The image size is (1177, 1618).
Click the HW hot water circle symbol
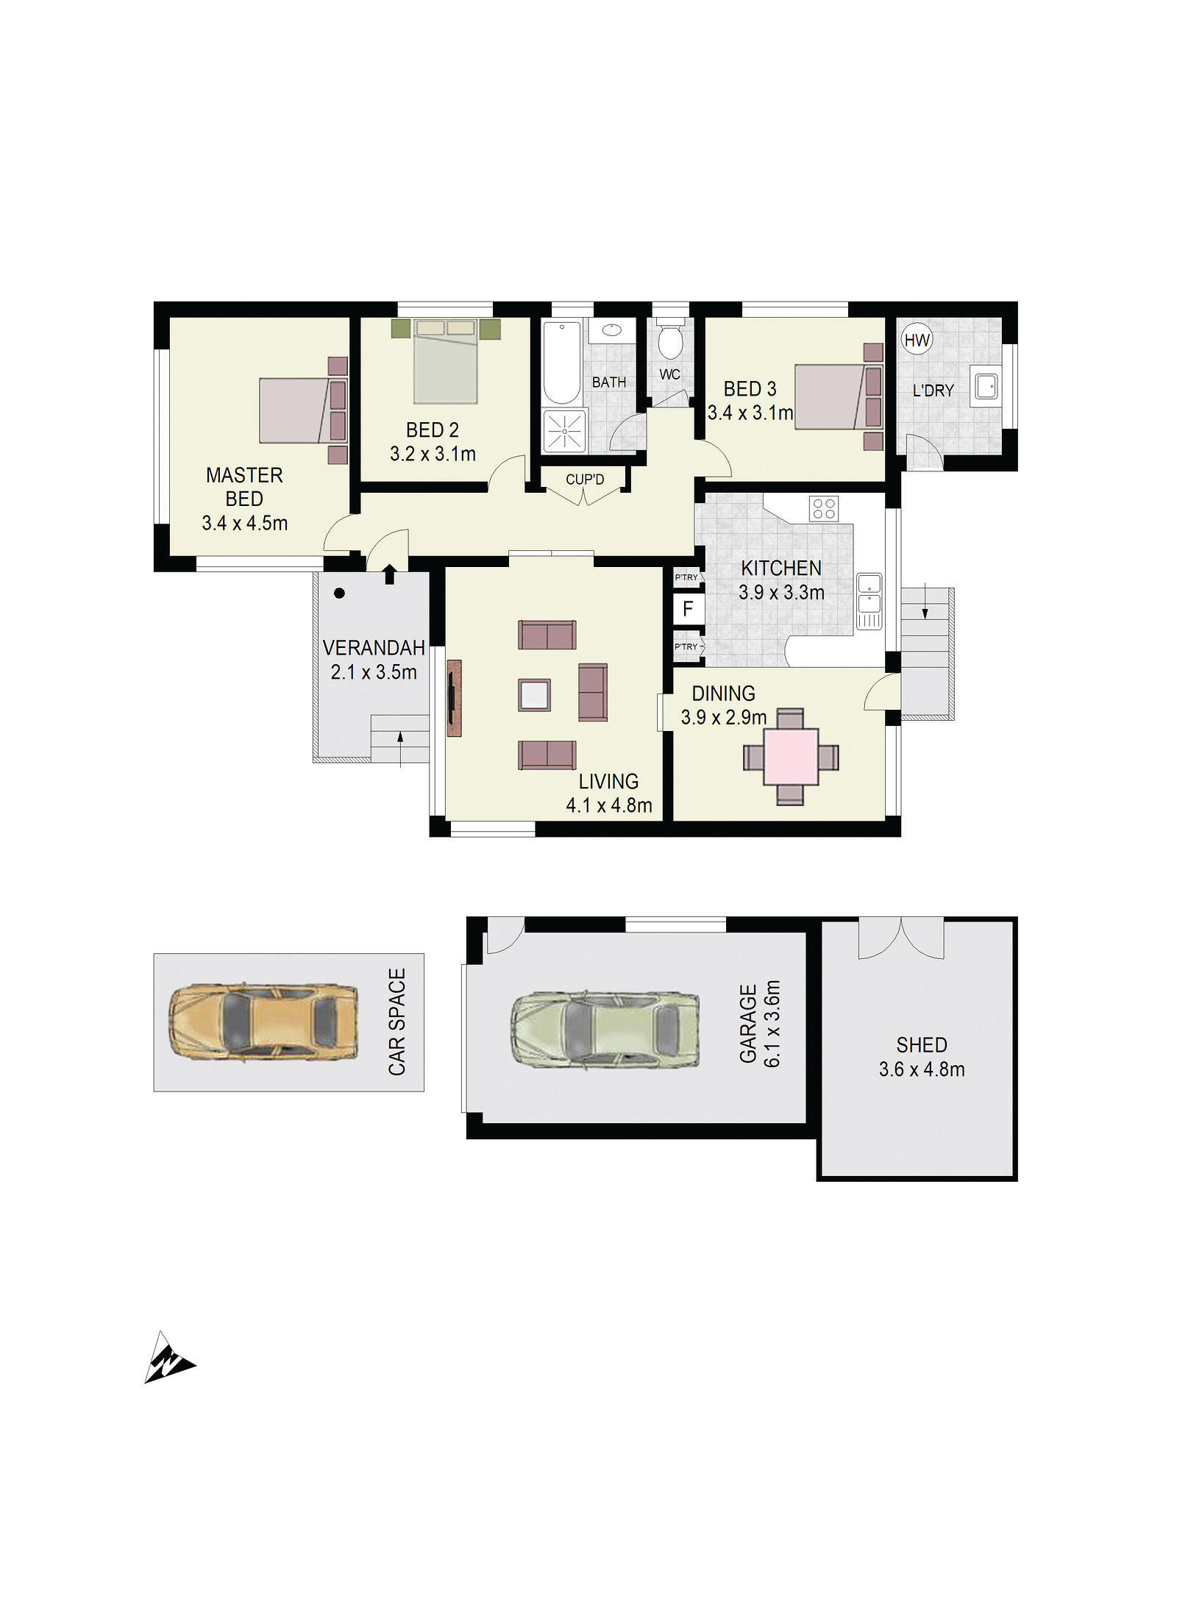(x=917, y=340)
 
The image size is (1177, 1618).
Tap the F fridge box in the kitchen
(x=687, y=608)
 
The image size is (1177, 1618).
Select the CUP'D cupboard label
(x=585, y=480)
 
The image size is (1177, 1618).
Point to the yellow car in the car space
(x=263, y=1023)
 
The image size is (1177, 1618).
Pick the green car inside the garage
(x=605, y=1027)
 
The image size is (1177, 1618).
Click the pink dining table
(x=792, y=756)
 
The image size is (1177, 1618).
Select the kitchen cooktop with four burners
(x=824, y=508)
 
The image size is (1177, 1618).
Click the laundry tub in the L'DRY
(x=985, y=384)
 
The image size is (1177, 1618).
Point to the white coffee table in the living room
(x=534, y=694)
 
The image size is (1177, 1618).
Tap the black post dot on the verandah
(x=339, y=593)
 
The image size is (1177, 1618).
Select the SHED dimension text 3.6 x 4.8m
(x=922, y=1069)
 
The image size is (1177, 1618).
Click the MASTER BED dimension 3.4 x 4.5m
(x=244, y=524)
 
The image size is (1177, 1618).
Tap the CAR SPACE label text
(x=397, y=1022)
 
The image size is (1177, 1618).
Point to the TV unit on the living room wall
(x=454, y=698)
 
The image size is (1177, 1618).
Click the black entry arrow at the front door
(x=389, y=574)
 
